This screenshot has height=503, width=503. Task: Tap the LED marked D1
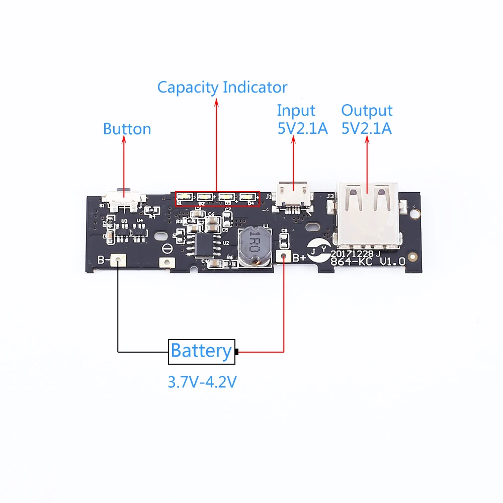coord(184,197)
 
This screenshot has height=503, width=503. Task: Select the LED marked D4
coord(247,197)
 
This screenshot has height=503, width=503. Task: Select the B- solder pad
coord(118,260)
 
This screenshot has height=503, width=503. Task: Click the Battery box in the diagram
coord(201,351)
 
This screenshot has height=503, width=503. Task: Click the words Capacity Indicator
coord(222,87)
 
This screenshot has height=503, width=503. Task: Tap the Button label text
coord(127,129)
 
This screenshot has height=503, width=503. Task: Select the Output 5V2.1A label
coord(367,119)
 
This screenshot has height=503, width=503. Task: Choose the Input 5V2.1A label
coord(302,119)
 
